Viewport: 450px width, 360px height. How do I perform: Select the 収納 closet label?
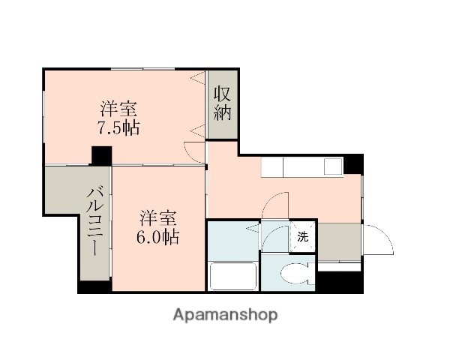pos(223,104)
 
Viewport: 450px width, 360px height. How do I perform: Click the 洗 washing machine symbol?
pos(304,237)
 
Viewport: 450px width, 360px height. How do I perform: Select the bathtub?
pos(232,276)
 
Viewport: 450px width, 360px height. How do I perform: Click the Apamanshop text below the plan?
pos(224,315)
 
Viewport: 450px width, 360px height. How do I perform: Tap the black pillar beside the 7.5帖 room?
pos(100,156)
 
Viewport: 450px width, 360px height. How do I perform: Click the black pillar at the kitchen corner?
pos(354,163)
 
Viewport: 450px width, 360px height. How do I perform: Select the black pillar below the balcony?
pos(94,286)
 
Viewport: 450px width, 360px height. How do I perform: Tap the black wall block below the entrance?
pos(340,281)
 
